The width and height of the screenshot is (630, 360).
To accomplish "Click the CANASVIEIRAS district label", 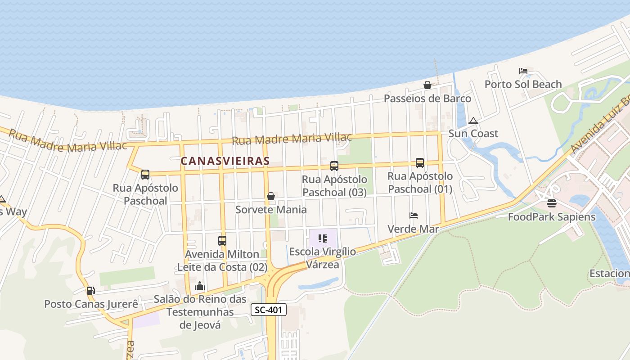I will pyautogui.click(x=225, y=161).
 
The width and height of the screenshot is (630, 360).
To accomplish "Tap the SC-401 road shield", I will pyautogui.click(x=268, y=310).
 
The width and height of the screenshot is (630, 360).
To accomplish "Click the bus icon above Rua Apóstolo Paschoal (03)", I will pyautogui.click(x=334, y=166).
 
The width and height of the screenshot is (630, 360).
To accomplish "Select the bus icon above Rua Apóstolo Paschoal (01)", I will pyautogui.click(x=420, y=163).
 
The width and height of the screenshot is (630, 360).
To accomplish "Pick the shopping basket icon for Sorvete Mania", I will pyautogui.click(x=271, y=196).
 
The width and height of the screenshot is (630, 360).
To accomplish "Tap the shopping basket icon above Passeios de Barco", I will pyautogui.click(x=427, y=85).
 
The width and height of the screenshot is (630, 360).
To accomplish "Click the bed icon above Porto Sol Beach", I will pyautogui.click(x=523, y=71).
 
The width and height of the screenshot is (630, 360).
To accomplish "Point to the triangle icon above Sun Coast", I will pyautogui.click(x=473, y=121).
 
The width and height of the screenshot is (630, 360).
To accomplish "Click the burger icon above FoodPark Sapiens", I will pyautogui.click(x=552, y=203).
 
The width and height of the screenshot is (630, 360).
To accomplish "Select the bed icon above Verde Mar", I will pyautogui.click(x=414, y=216).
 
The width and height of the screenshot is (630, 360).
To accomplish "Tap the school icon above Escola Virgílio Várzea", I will pyautogui.click(x=322, y=238).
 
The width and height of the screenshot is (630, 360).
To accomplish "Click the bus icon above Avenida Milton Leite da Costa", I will pyautogui.click(x=222, y=240).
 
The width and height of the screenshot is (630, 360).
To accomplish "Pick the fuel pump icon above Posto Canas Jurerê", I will pyautogui.click(x=90, y=291).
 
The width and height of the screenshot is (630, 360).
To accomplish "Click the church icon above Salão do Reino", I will pyautogui.click(x=200, y=286).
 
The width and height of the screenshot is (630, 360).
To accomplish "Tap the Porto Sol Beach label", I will pyautogui.click(x=523, y=84).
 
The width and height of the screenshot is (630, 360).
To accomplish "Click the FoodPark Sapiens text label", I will pyautogui.click(x=552, y=217).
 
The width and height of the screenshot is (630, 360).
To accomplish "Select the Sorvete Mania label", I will pyautogui.click(x=271, y=210).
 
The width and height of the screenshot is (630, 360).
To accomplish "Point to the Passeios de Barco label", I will pyautogui.click(x=427, y=99).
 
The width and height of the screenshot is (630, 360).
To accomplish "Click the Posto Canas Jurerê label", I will pyautogui.click(x=91, y=304).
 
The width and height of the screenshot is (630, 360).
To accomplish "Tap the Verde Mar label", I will pyautogui.click(x=413, y=229).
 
